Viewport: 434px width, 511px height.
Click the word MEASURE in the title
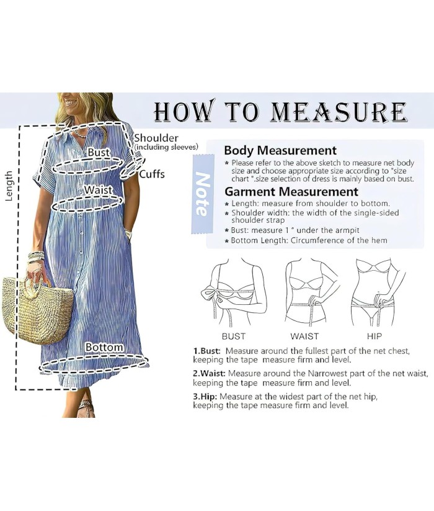pos(339,112)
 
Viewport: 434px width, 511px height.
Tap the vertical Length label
pos(9,186)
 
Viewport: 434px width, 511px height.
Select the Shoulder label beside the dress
pos(156,138)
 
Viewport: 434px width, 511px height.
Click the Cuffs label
pos(153,174)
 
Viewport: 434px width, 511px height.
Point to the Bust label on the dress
pos(99,152)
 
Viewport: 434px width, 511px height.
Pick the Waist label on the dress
pos(98,190)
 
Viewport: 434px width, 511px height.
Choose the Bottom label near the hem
pos(104,347)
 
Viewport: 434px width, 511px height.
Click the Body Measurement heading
pos(280,150)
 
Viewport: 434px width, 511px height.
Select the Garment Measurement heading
pos(291,191)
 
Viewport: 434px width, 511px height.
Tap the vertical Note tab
pos(202,194)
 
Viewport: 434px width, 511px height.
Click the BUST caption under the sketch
pos(234,336)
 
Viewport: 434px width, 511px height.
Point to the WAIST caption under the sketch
pos(304,336)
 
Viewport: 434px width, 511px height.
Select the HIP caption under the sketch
pos(374,336)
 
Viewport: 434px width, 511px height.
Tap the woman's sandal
pos(87,409)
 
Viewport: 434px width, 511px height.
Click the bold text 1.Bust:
pos(207,351)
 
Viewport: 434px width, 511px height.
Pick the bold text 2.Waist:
pos(209,374)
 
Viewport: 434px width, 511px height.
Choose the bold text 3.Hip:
pos(205,397)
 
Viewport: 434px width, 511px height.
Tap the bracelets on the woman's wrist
pos(36,256)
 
